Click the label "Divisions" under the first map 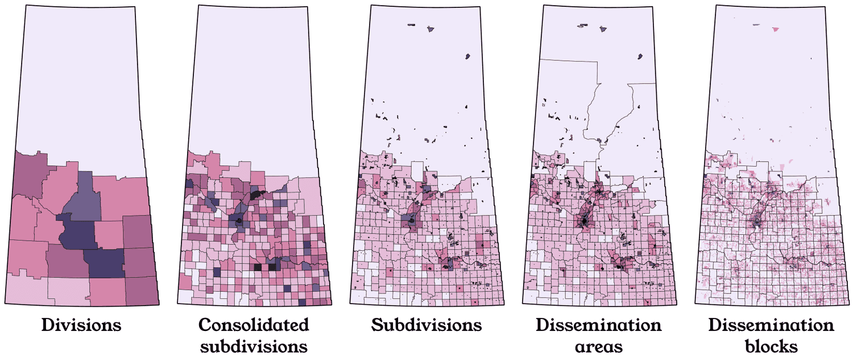(x=81, y=325)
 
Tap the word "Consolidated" (x=254, y=325)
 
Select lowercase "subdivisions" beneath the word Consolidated (x=254, y=346)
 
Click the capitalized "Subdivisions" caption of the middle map (x=426, y=325)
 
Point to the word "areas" (x=599, y=346)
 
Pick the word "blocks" (x=772, y=346)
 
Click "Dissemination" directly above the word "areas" (x=599, y=325)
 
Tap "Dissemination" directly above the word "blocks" (x=772, y=325)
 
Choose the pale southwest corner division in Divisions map (x=26, y=287)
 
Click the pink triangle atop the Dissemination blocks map (x=775, y=28)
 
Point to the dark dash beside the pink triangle (x=756, y=25)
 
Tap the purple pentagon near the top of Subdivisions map (x=430, y=28)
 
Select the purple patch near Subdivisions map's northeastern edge (x=467, y=56)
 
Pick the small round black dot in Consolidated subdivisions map (x=240, y=221)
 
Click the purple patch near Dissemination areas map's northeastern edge (x=640, y=56)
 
